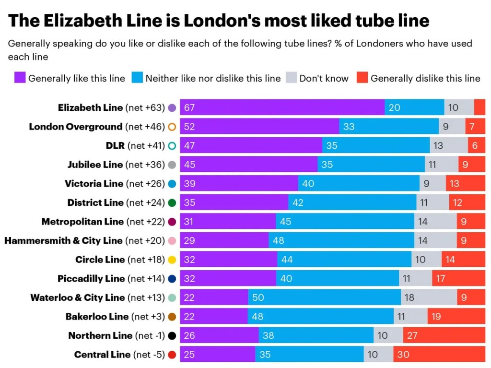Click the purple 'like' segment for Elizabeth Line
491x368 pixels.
click(282, 107)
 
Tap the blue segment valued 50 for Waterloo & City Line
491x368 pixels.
click(324, 297)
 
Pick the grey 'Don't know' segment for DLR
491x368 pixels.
click(449, 145)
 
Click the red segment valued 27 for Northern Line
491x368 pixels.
click(444, 335)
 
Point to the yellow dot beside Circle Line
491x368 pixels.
click(172, 260)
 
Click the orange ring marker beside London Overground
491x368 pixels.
click(172, 127)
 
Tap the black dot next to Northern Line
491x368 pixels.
click(172, 335)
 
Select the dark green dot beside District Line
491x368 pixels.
click(172, 202)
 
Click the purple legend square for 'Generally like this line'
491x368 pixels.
click(20, 78)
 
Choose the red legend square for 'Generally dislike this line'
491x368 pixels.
click(362, 78)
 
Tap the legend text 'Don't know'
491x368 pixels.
click(324, 78)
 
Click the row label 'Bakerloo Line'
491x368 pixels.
click(97, 317)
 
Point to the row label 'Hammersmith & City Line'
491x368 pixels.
click(63, 240)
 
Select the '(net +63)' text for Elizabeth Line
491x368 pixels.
click(145, 107)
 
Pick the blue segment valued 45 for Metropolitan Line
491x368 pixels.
click(345, 222)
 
